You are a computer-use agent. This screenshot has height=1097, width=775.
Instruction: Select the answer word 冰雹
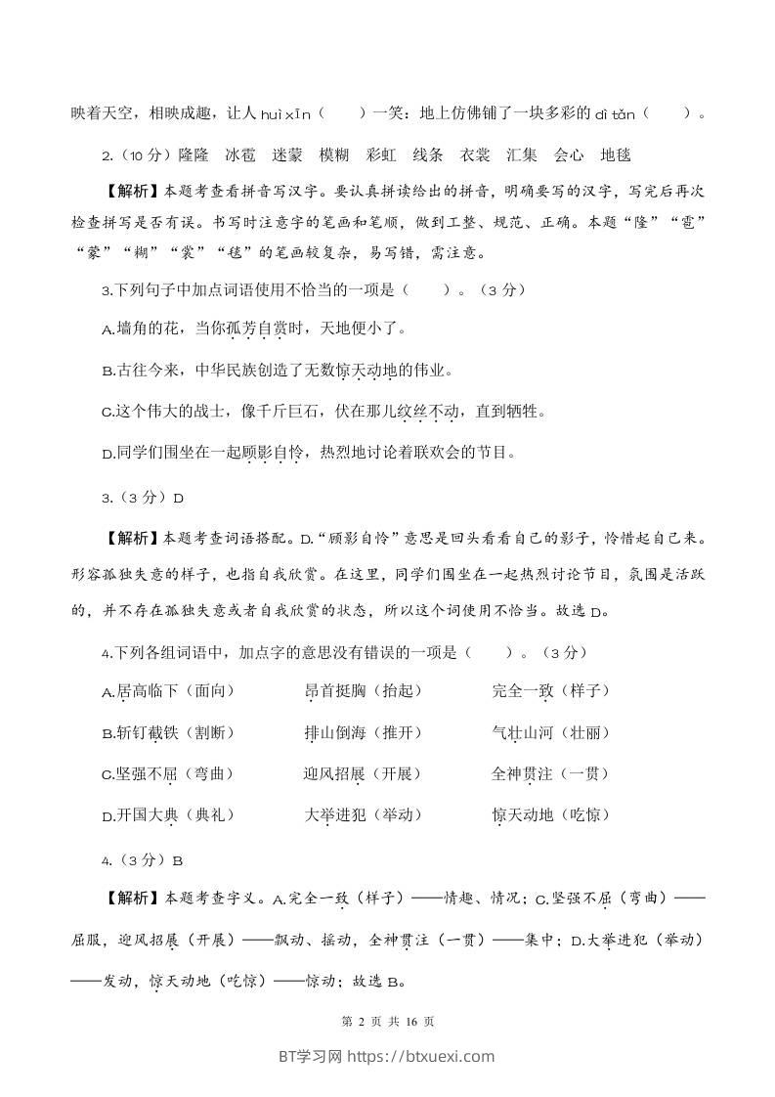[x=240, y=154]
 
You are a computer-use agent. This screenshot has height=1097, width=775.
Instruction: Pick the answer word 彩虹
[x=380, y=154]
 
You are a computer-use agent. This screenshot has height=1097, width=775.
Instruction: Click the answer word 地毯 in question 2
[x=616, y=154]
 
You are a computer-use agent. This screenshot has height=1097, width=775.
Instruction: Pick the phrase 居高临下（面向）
[x=167, y=691]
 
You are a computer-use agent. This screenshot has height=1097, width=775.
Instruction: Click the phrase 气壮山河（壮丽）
[x=551, y=732]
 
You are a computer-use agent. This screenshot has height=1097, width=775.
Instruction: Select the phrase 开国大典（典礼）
[x=167, y=814]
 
